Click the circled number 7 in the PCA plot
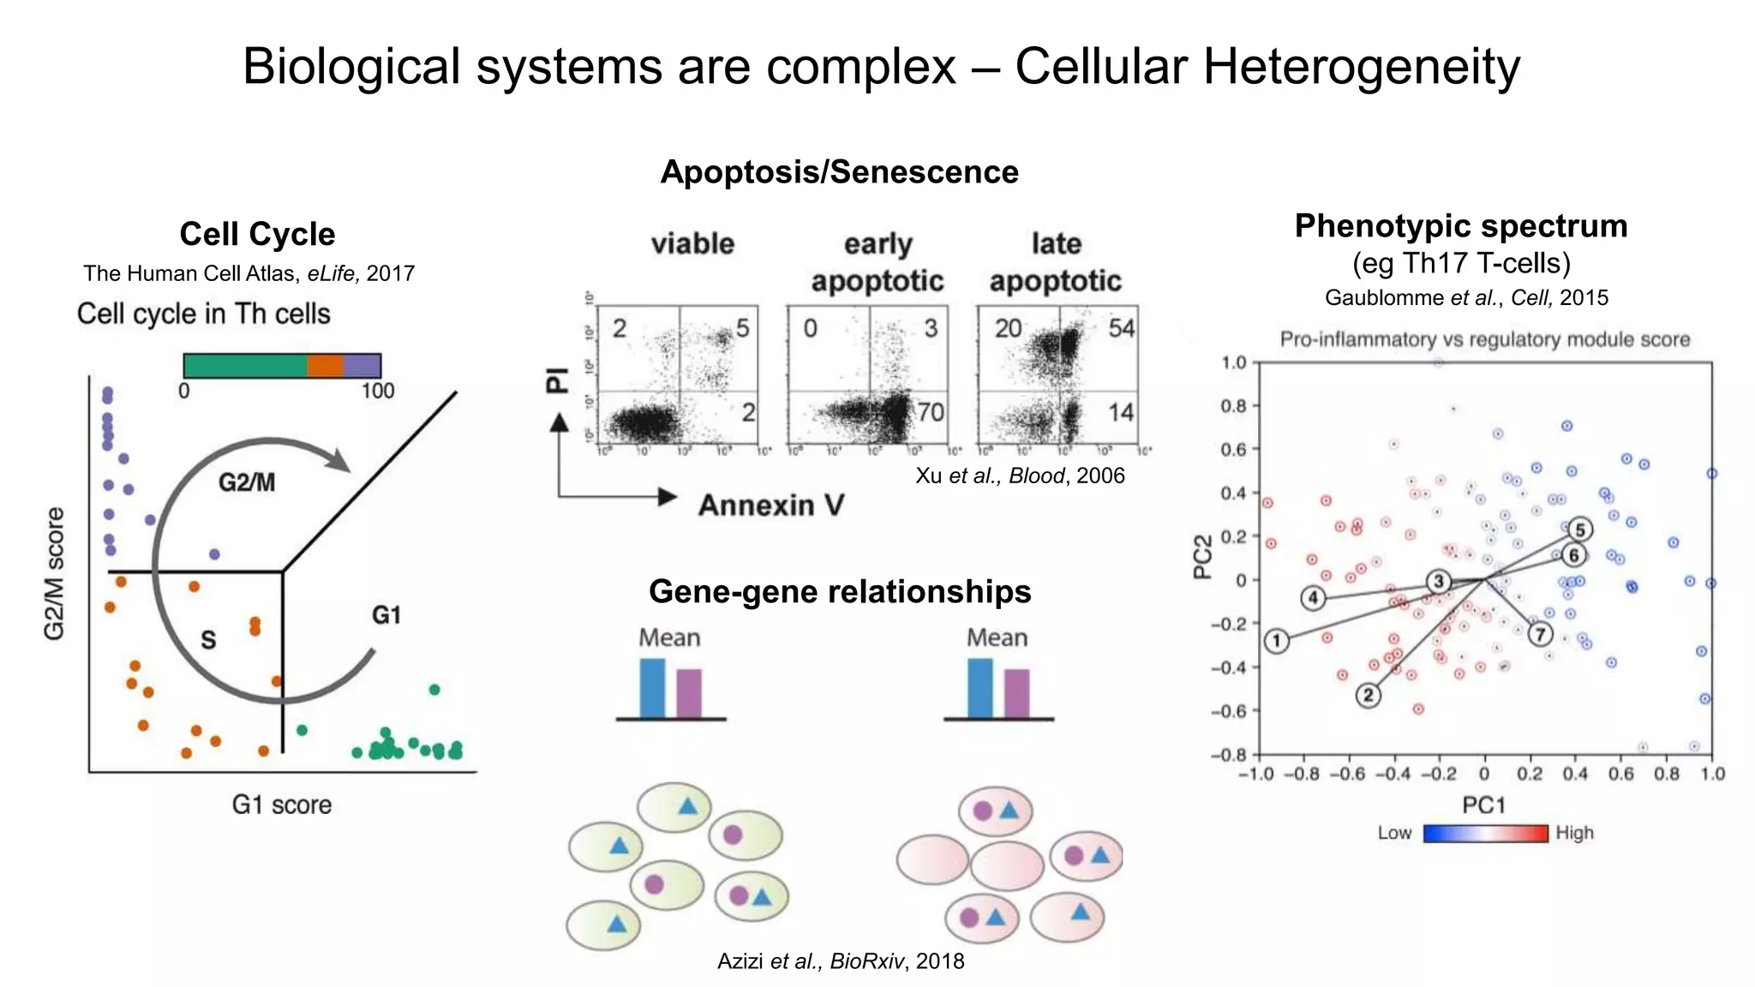pyautogui.click(x=1541, y=634)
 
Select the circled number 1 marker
pyautogui.click(x=1277, y=641)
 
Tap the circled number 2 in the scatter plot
pyautogui.click(x=1369, y=695)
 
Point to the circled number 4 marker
pyautogui.click(x=1313, y=597)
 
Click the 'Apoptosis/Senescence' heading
pyautogui.click(x=839, y=172)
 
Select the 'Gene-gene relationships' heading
pyautogui.click(x=840, y=591)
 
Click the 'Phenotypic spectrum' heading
pyautogui.click(x=1461, y=226)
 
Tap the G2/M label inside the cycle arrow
pyautogui.click(x=247, y=482)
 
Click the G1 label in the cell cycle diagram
pyautogui.click(x=386, y=615)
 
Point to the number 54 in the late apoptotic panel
pyautogui.click(x=1121, y=328)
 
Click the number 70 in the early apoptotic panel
pyautogui.click(x=930, y=413)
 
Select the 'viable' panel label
pyautogui.click(x=692, y=244)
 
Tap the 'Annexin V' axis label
pyautogui.click(x=771, y=505)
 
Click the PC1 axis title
pyautogui.click(x=1483, y=805)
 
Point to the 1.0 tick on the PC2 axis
pyautogui.click(x=1234, y=362)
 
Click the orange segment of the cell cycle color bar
pyautogui.click(x=325, y=366)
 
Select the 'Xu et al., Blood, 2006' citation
pyautogui.click(x=1020, y=476)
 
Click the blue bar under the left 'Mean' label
pyautogui.click(x=652, y=687)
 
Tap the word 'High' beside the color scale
pyautogui.click(x=1575, y=833)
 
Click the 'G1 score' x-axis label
pyautogui.click(x=281, y=805)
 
